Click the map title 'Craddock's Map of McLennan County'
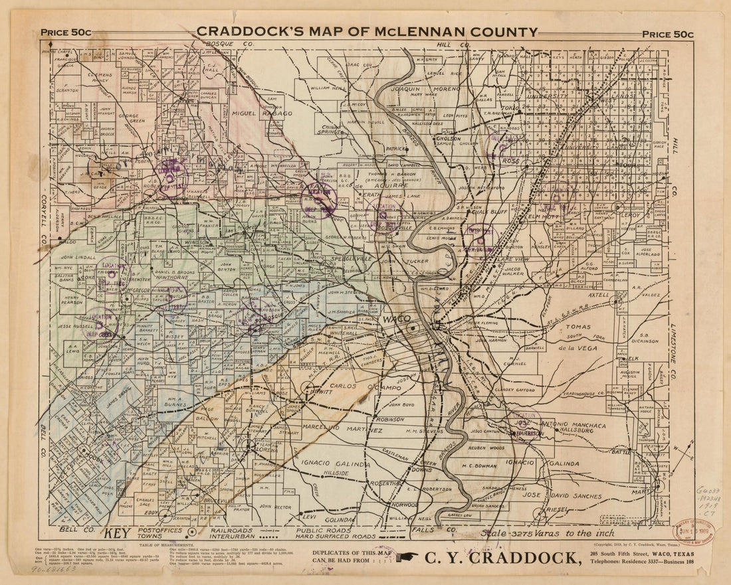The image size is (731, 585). pyautogui.click(x=366, y=32)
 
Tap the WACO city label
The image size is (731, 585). pyautogui.click(x=393, y=319)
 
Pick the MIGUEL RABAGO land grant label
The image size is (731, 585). pyautogui.click(x=261, y=114)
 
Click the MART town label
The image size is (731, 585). pyautogui.click(x=641, y=491)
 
